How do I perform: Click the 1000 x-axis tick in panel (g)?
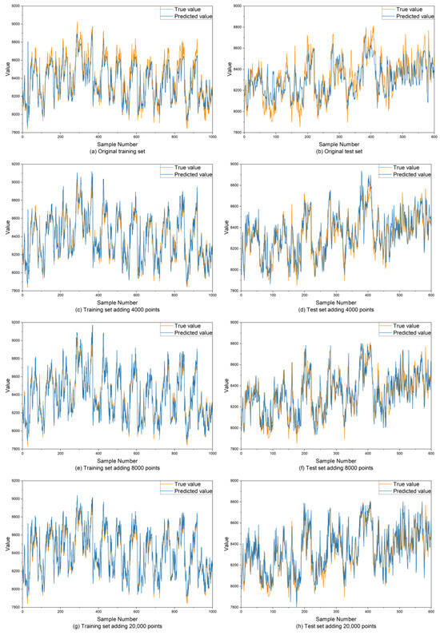coord(213,613)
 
